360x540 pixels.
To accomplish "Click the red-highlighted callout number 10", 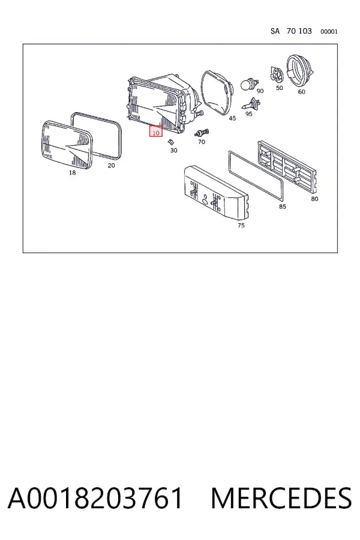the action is click(x=156, y=132).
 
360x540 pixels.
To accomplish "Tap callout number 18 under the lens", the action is click(x=72, y=173).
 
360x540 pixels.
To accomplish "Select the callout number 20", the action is click(x=111, y=166).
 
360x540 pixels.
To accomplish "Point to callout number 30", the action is click(x=173, y=150).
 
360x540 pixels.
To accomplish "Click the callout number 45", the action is click(x=233, y=118).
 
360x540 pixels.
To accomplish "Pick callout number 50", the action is click(x=280, y=88).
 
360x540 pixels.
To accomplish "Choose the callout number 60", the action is click(x=301, y=92).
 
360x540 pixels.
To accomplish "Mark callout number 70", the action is click(x=202, y=142).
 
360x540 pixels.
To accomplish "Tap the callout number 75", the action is click(x=241, y=225).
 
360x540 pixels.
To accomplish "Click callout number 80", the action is click(x=314, y=199).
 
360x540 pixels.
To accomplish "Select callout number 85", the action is click(x=283, y=206).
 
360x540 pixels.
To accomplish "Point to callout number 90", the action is click(x=260, y=91).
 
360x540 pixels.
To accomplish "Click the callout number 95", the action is click(x=249, y=114).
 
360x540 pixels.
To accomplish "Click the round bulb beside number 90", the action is click(x=247, y=84).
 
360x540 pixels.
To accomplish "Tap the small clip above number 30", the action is click(x=170, y=141).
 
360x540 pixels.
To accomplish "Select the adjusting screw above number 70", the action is click(x=202, y=132).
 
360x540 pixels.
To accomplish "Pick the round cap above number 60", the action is click(x=300, y=71).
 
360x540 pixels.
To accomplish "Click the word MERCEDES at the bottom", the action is click(x=281, y=498).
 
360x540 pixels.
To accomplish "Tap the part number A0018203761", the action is click(x=95, y=498).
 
